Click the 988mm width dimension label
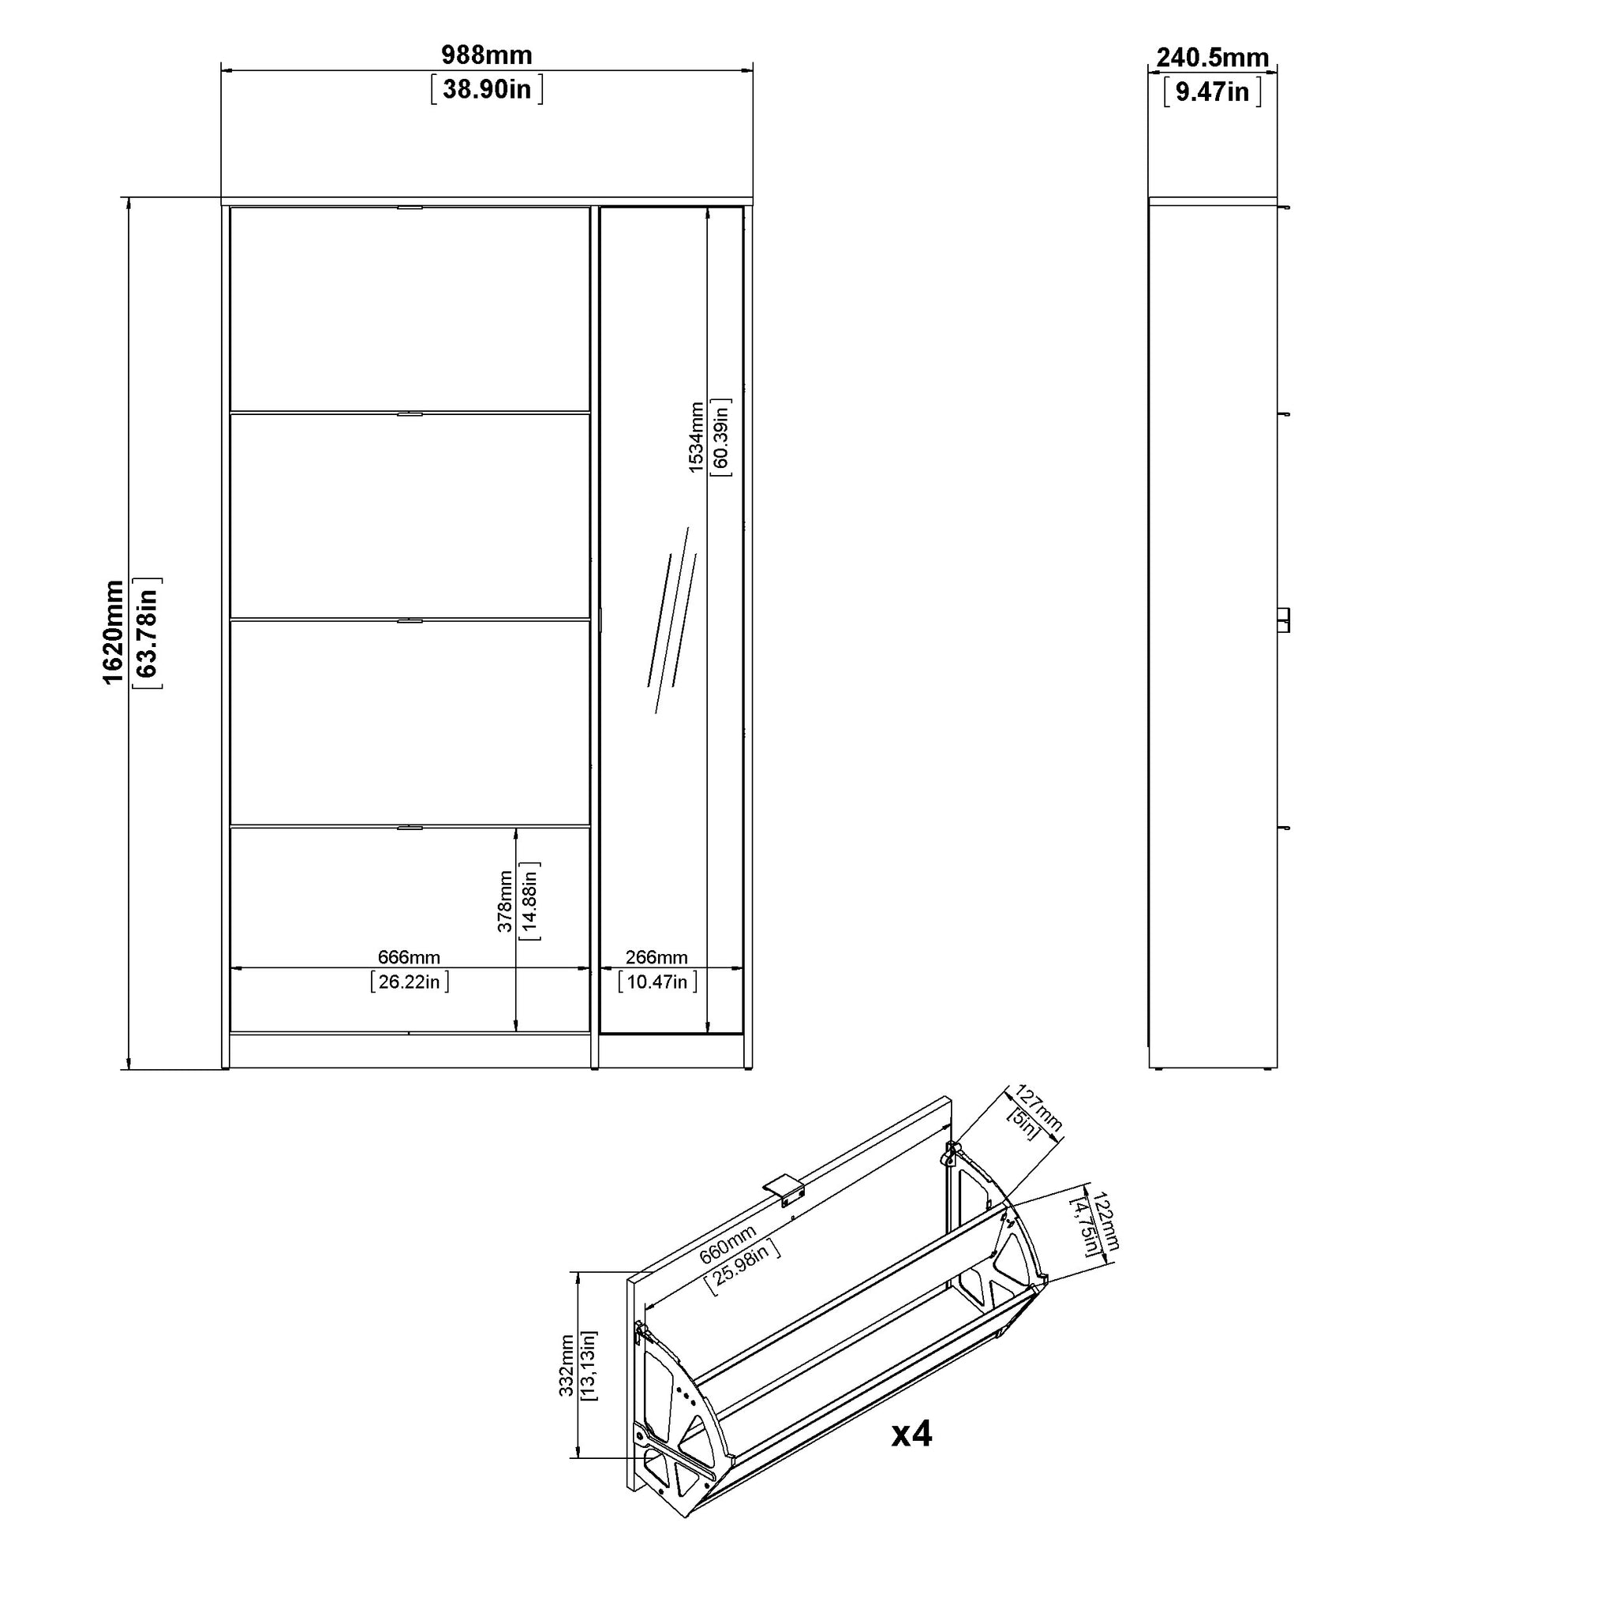click(x=487, y=55)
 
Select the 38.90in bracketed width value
click(x=487, y=89)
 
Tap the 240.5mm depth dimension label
click(x=1213, y=58)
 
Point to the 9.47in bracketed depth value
click(x=1213, y=92)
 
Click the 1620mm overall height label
click(x=113, y=632)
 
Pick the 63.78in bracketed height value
click(x=148, y=633)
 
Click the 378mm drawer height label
click(x=504, y=901)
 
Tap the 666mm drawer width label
click(x=409, y=957)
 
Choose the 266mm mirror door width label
click(x=656, y=957)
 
